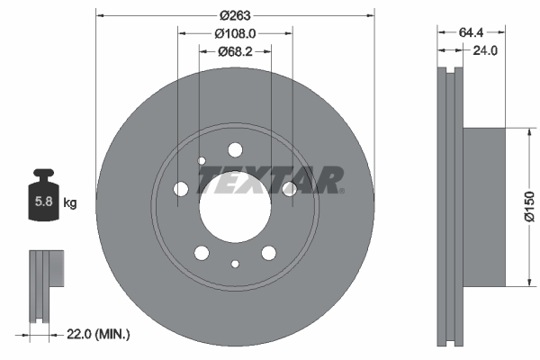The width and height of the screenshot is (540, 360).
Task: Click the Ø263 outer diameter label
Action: pos(235,15)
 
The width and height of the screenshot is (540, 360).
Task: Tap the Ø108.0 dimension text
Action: pos(235,33)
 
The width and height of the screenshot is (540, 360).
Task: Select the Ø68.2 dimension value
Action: pos(235,51)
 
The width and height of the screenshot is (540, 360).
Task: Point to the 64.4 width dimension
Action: pos(471,32)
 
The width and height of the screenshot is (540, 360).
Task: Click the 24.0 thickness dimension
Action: pos(485,50)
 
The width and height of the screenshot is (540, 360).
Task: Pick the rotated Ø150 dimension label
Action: pos(530,207)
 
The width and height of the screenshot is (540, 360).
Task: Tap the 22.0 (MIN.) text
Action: pos(98,334)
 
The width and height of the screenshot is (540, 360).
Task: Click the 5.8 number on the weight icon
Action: pos(44,201)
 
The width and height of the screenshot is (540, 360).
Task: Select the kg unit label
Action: pos(70,202)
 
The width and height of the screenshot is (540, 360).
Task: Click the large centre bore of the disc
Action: pos(235,207)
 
